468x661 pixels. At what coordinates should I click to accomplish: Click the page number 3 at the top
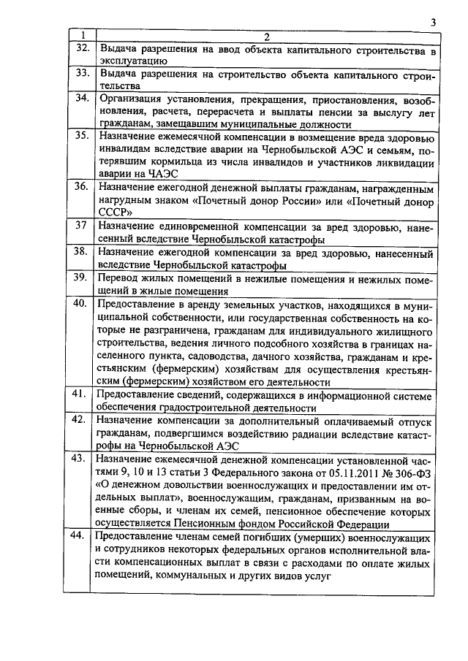click(434, 23)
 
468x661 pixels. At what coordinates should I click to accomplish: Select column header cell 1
click(83, 37)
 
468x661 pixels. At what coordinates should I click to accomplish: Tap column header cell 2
click(267, 37)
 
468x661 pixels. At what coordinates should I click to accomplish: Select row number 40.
click(83, 302)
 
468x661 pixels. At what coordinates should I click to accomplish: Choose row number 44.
click(83, 537)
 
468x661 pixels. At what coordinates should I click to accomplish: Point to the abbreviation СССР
click(115, 212)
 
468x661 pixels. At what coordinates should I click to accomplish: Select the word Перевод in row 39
click(123, 278)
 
